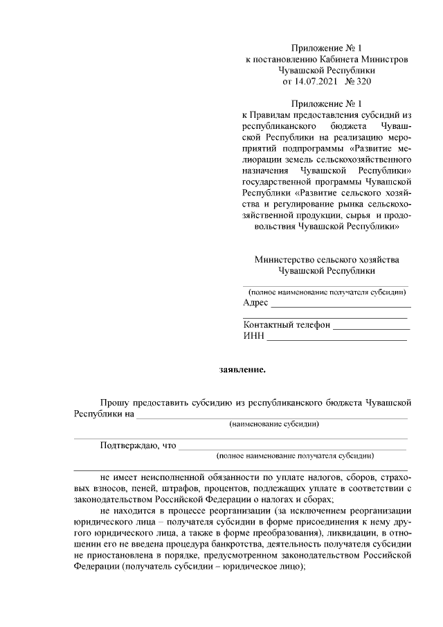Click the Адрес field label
(255, 303)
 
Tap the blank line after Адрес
(341, 305)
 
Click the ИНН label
(254, 336)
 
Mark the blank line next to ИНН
(337, 339)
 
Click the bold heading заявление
(243, 369)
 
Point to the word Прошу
(115, 403)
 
